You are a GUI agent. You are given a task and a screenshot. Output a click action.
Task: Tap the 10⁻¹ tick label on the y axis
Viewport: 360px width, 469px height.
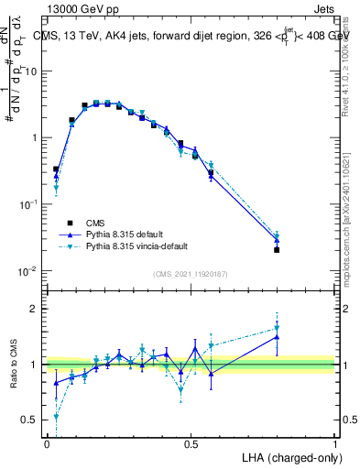coord(30,204)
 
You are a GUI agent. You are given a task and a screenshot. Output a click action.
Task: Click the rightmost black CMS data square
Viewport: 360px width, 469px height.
coord(277,249)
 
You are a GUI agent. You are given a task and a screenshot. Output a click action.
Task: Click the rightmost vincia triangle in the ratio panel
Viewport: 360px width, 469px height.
coord(277,328)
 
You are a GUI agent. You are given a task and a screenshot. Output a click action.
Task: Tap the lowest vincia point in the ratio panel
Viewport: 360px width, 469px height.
coord(56,416)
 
